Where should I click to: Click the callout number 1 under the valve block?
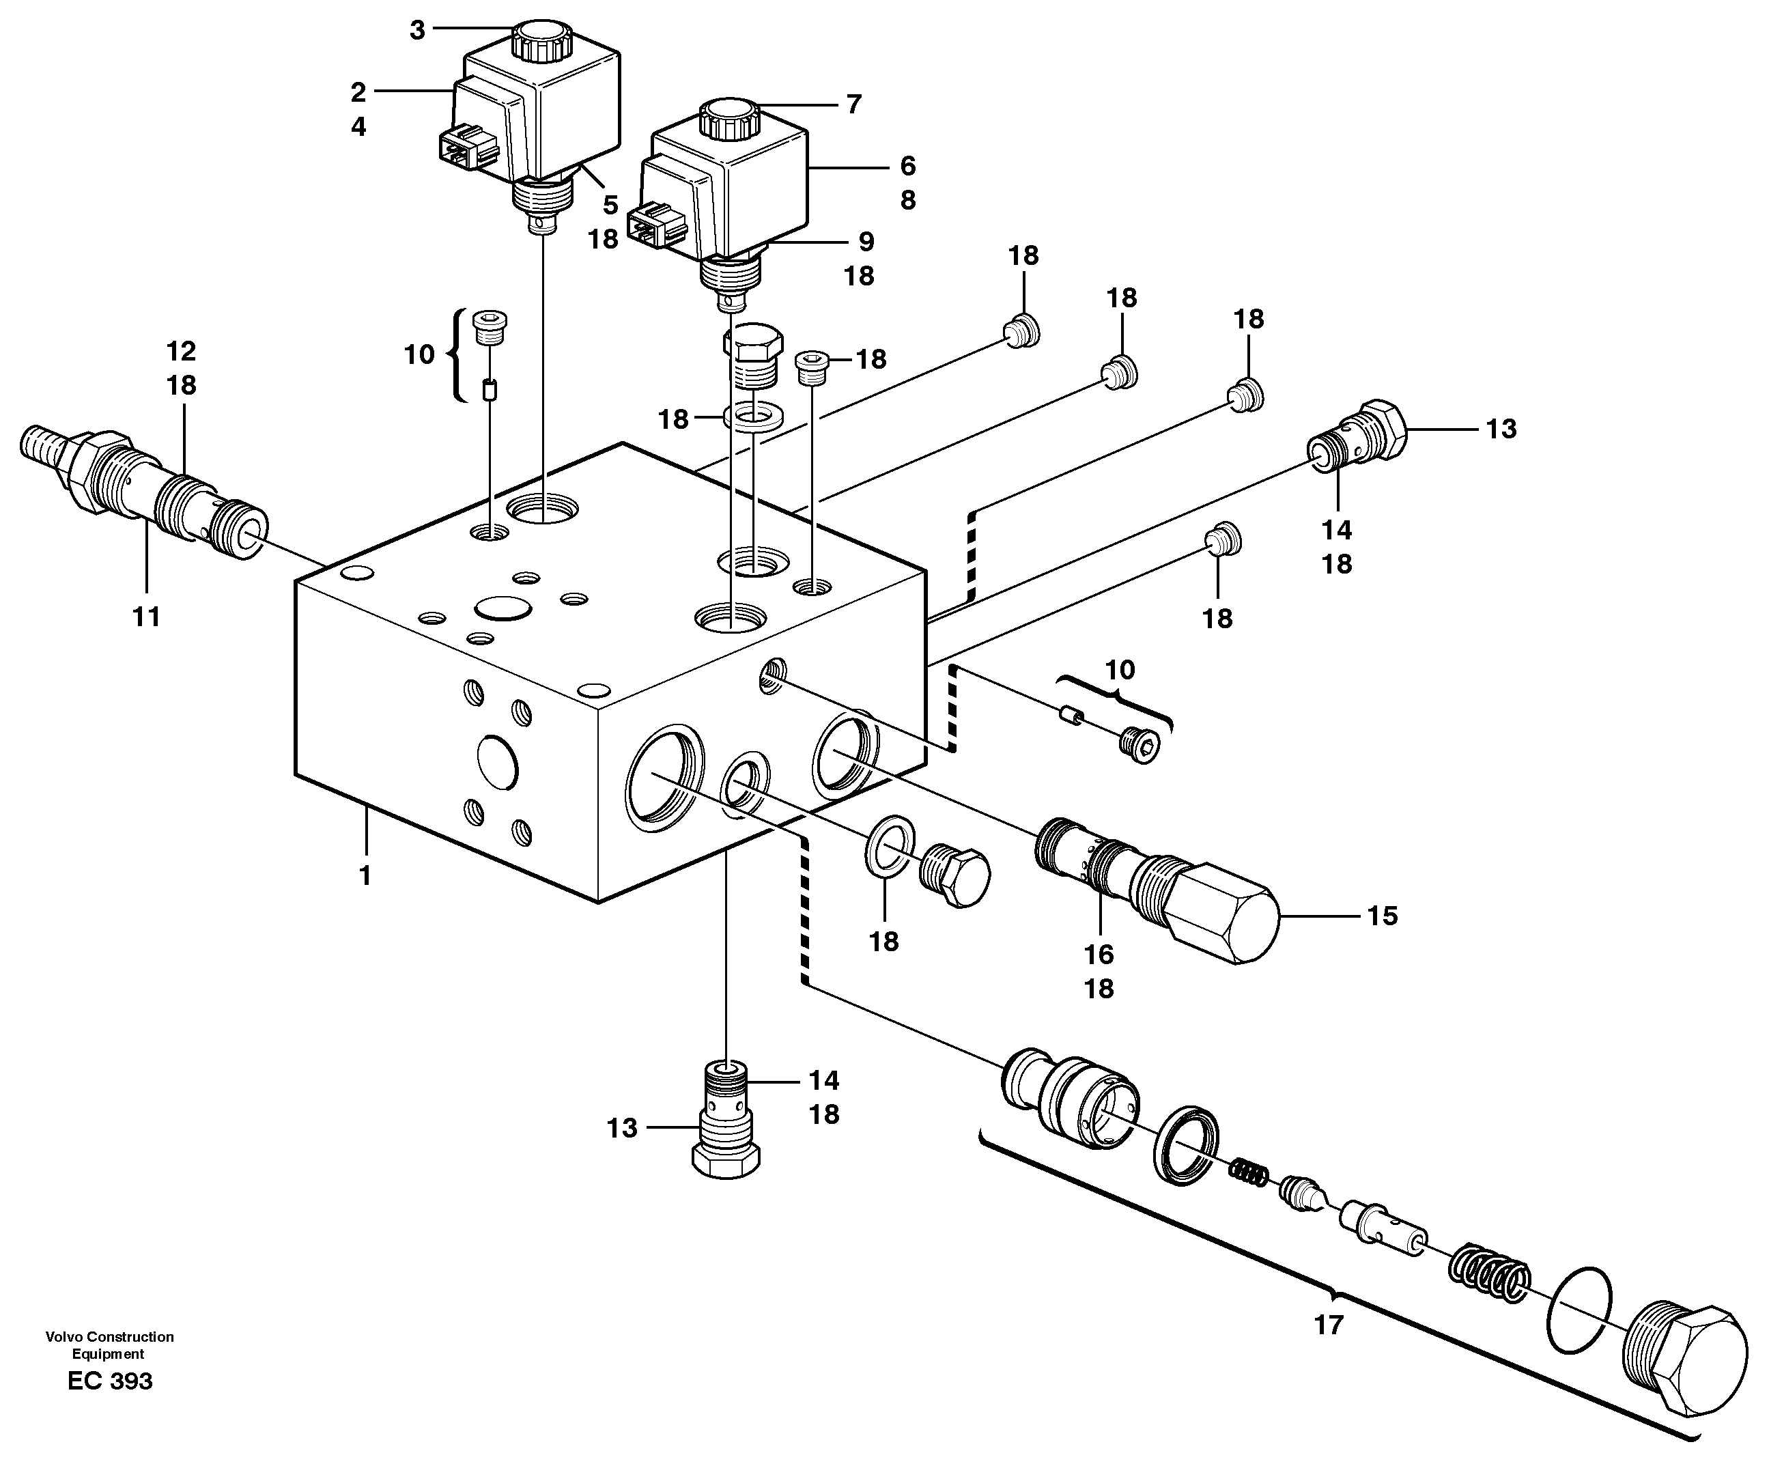pyautogui.click(x=365, y=876)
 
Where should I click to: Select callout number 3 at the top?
pyautogui.click(x=418, y=31)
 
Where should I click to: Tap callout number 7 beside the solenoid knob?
pyautogui.click(x=853, y=104)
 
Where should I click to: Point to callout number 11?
pyautogui.click(x=147, y=617)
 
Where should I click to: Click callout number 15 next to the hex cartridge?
pyautogui.click(x=1383, y=916)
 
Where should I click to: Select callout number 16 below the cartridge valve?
pyautogui.click(x=1099, y=955)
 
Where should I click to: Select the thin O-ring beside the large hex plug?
pyautogui.click(x=1579, y=1321)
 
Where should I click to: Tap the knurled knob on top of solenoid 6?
pyautogui.click(x=729, y=119)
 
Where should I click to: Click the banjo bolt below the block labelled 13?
pyautogui.click(x=725, y=1120)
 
